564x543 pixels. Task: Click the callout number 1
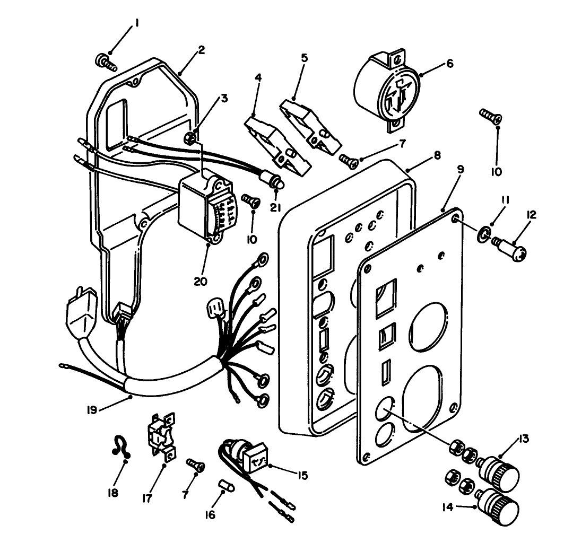(x=137, y=23)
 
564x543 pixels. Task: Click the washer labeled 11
(x=483, y=233)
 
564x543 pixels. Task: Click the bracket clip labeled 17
(x=160, y=436)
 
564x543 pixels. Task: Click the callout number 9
(x=460, y=170)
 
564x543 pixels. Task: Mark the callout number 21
(x=275, y=208)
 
